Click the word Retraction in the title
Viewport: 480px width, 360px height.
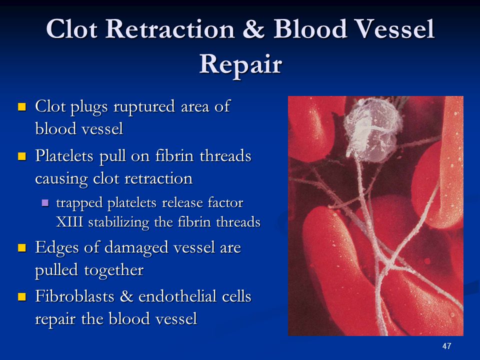(170, 29)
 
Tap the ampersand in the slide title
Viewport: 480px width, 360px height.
(254, 29)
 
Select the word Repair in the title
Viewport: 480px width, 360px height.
(240, 65)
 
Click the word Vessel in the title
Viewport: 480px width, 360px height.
(395, 29)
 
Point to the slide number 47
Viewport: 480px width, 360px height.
(446, 346)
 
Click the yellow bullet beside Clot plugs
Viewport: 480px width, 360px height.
(22, 107)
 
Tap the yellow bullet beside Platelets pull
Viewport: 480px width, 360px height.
(22, 156)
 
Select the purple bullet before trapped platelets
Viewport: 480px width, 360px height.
(45, 203)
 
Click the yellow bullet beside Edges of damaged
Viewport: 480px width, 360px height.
(22, 247)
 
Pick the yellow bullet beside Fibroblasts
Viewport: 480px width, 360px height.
(22, 296)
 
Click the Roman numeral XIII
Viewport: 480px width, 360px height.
(69, 222)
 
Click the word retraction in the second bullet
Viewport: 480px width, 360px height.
(158, 178)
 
